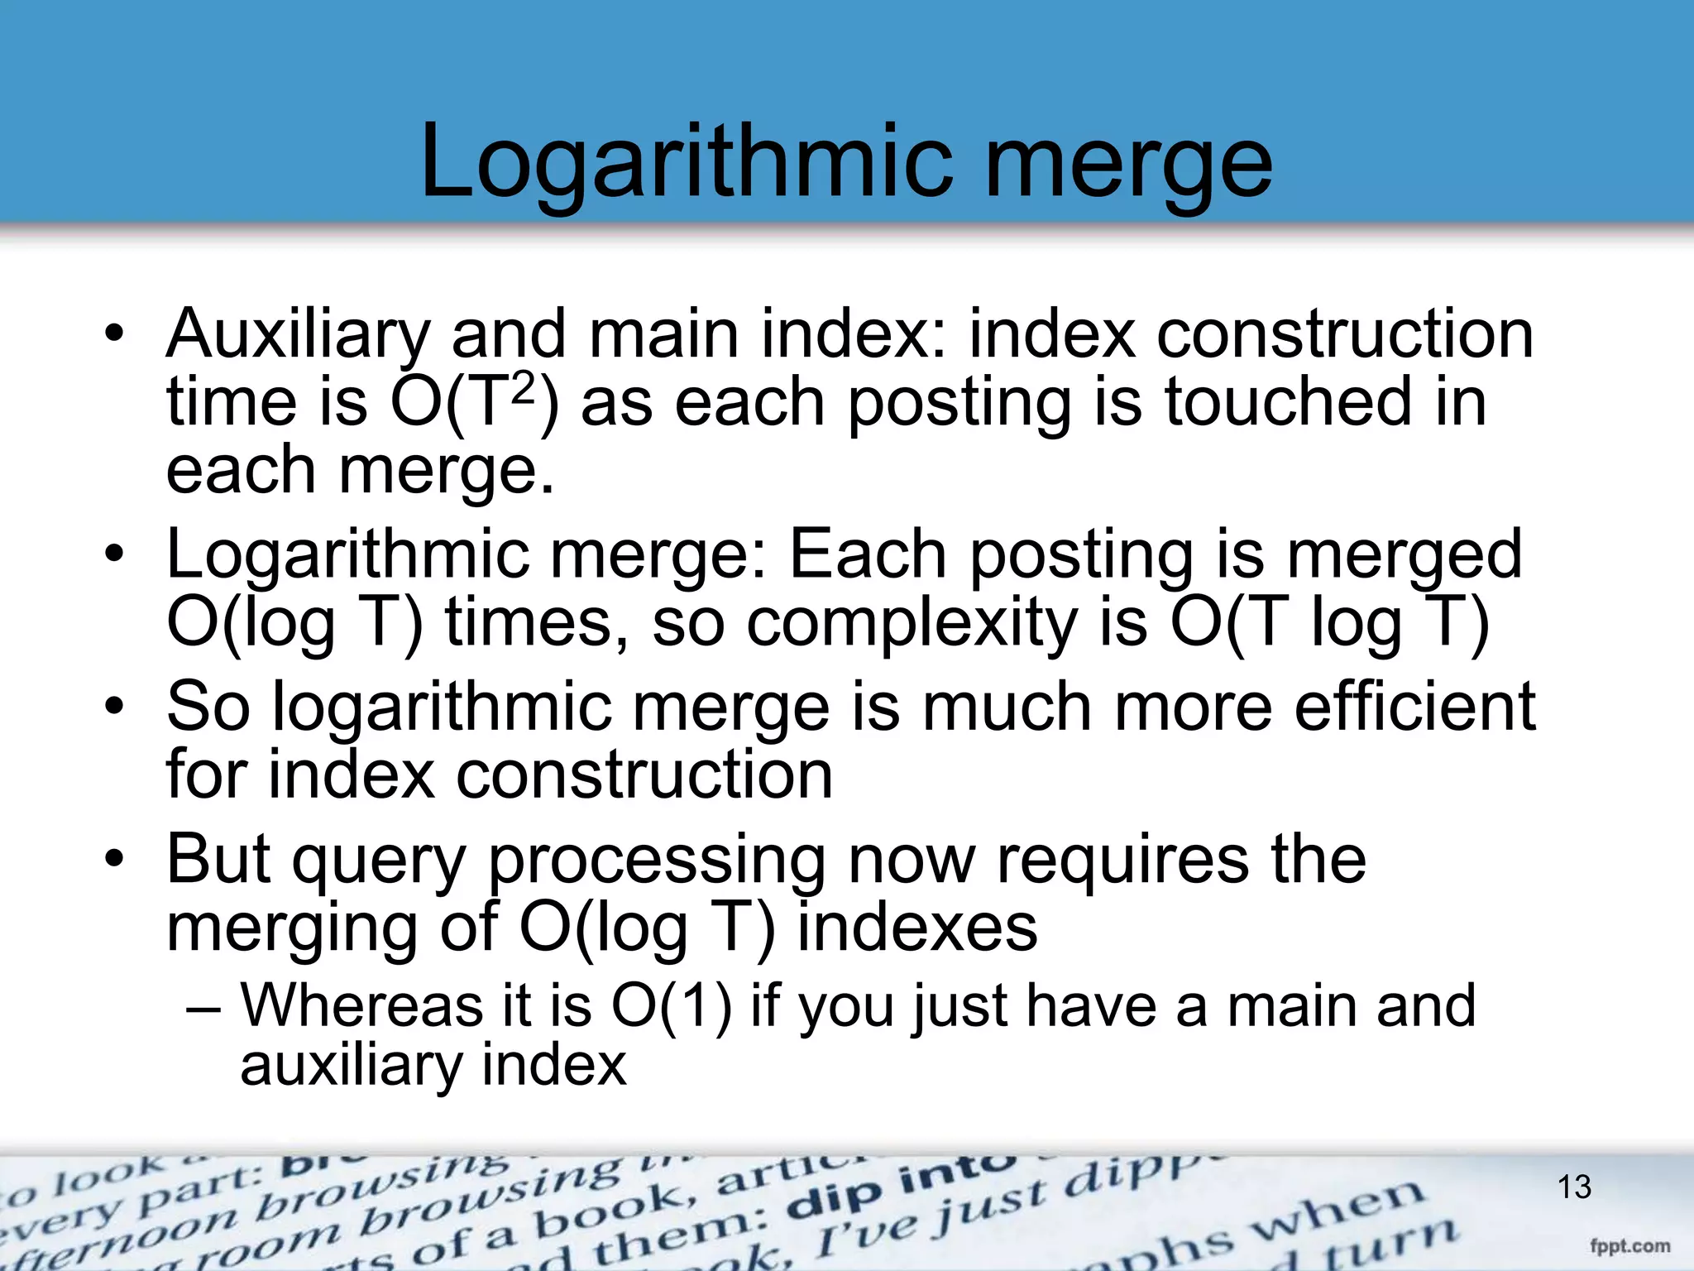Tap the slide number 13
(1574, 1187)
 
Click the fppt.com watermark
(1629, 1245)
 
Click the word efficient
(1414, 706)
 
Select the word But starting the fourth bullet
(218, 859)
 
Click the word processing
(656, 861)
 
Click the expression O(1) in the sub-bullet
(672, 1006)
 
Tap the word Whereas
(362, 1006)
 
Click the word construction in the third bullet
(644, 775)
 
